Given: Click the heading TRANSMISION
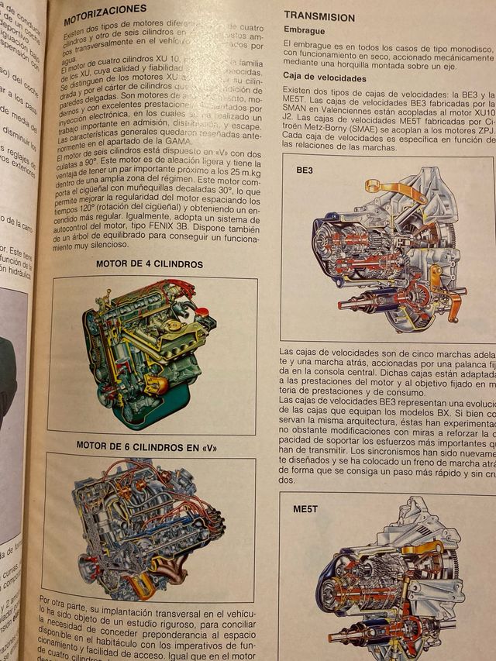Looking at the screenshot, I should pos(319,16).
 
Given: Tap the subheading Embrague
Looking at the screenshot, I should pos(304,31).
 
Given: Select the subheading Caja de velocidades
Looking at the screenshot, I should pos(325,78).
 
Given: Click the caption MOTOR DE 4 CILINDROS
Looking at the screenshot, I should pos(150,263).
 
